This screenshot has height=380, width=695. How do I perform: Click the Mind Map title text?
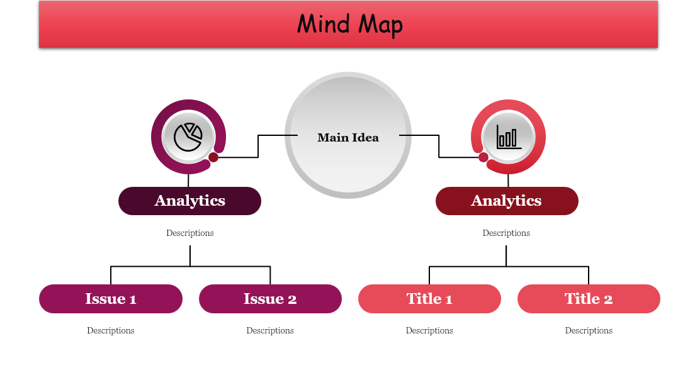tap(349, 25)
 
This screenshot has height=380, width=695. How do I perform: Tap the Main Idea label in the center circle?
tap(348, 138)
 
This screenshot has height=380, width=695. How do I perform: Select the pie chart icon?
tap(188, 137)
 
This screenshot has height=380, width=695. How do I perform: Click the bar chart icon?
tap(509, 137)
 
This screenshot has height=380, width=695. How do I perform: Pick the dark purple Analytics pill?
tap(189, 201)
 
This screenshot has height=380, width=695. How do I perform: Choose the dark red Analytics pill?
tap(507, 201)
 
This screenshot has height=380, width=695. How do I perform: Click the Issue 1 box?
tap(111, 299)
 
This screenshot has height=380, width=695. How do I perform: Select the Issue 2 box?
tap(270, 299)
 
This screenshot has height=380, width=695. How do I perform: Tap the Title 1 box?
tap(429, 299)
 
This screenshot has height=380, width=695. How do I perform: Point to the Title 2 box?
tap(589, 299)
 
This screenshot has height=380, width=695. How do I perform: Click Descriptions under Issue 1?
tap(111, 331)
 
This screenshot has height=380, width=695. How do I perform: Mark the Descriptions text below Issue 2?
tap(270, 331)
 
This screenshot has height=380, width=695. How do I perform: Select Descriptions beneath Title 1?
tap(429, 331)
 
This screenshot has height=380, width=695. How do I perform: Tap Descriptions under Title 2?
tap(589, 331)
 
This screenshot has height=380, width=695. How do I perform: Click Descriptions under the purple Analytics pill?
tap(190, 233)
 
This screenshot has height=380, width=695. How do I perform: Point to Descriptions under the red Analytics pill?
tap(506, 233)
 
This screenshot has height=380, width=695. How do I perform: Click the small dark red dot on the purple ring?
tap(213, 157)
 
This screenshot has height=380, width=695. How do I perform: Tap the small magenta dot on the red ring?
tap(483, 157)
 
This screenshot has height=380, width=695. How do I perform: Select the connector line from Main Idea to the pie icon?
tap(258, 146)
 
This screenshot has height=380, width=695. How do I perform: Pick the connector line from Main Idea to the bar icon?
tap(439, 146)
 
